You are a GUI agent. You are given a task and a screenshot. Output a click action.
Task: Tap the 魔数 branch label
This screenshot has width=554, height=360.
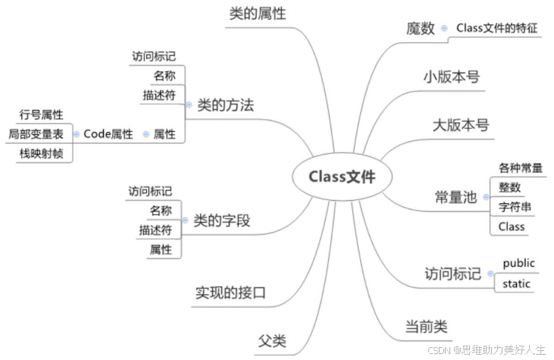(x=421, y=29)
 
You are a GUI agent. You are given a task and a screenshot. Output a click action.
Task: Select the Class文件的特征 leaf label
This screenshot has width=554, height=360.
(x=496, y=28)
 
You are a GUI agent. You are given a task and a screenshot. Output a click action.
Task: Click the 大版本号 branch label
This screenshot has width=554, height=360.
(x=461, y=124)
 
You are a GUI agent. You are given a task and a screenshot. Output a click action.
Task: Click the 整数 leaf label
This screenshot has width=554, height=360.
(x=509, y=187)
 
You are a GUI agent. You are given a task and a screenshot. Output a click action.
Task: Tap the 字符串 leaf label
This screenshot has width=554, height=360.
(x=514, y=207)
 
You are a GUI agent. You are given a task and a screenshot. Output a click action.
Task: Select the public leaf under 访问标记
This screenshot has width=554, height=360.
(x=518, y=263)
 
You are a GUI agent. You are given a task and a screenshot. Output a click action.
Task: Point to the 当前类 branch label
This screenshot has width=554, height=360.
(x=425, y=327)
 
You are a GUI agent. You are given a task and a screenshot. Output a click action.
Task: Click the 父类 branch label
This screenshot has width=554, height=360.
(x=272, y=340)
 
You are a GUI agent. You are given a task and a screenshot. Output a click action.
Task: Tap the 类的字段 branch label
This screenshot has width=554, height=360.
(x=222, y=221)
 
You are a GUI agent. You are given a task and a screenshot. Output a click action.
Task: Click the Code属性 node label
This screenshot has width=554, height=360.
(x=108, y=134)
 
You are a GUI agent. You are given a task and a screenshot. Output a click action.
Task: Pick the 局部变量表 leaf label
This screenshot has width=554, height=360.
(x=36, y=134)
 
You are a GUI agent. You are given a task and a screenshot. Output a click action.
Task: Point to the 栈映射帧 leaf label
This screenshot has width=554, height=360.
(x=41, y=154)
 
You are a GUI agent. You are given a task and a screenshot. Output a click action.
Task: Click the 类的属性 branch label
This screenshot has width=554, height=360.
(x=257, y=14)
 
